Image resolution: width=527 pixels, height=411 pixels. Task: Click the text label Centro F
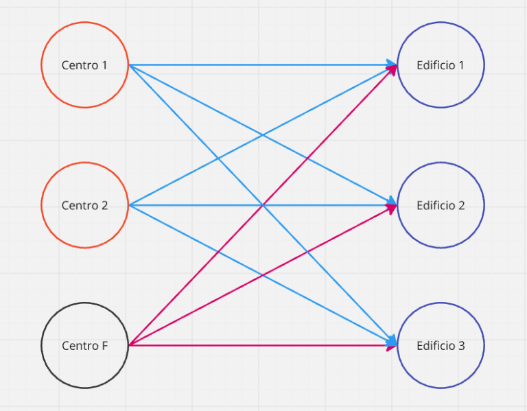pos(84,346)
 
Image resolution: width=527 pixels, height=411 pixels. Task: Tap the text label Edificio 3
pos(441,346)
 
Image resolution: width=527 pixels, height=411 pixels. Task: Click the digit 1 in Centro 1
pos(104,66)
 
